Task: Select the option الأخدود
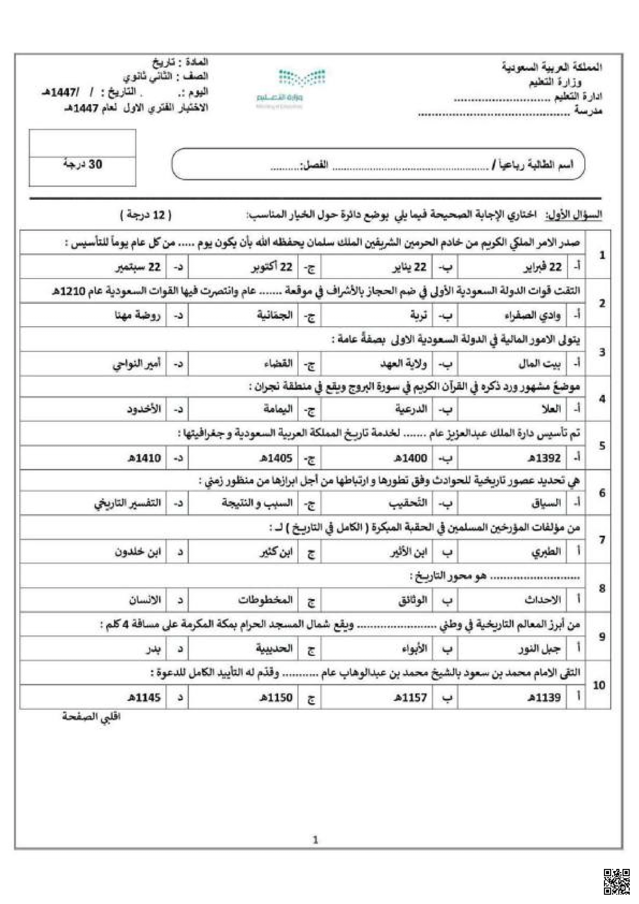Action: (144, 409)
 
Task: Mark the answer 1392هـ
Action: (544, 458)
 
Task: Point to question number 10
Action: (599, 685)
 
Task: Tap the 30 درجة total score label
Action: (83, 164)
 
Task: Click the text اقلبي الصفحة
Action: (91, 716)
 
